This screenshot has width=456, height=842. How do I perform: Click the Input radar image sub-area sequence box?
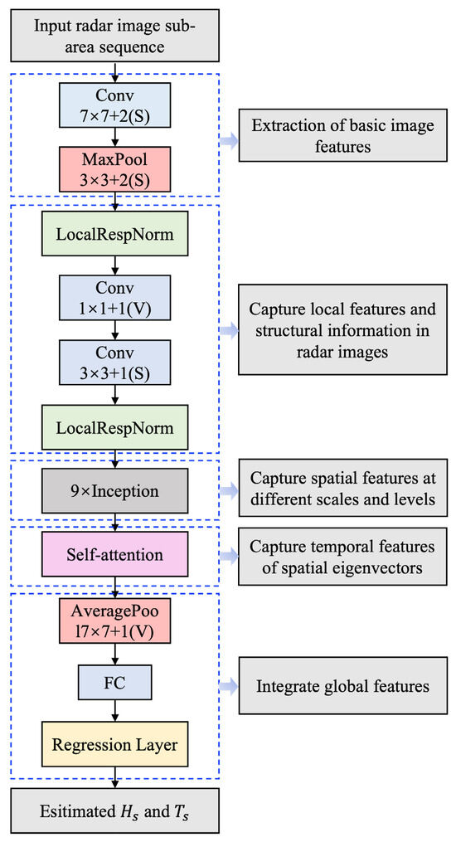click(114, 35)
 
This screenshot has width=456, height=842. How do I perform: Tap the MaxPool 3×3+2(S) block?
click(115, 168)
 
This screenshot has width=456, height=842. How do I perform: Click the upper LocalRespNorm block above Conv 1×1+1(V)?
click(115, 235)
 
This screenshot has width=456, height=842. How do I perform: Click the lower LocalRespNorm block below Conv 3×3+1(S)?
click(115, 428)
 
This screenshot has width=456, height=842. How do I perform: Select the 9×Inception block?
click(115, 491)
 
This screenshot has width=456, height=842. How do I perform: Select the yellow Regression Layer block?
click(115, 744)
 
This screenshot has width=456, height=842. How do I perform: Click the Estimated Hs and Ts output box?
click(114, 810)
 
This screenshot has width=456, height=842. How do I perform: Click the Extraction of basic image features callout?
click(342, 136)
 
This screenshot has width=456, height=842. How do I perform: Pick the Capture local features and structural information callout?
click(342, 329)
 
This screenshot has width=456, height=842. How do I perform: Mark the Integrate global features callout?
click(342, 685)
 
